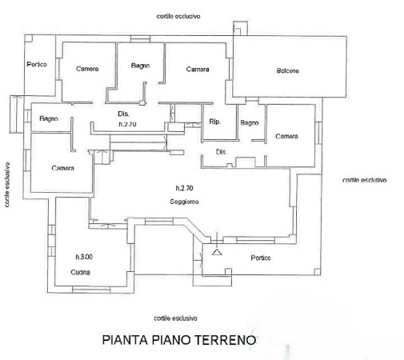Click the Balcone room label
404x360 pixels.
[287, 70]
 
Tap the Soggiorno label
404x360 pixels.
[184, 202]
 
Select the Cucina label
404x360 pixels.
[80, 272]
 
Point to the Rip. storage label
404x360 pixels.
[215, 122]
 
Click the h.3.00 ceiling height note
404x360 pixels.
[84, 257]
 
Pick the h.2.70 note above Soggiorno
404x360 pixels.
[184, 188]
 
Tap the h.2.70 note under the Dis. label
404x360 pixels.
[127, 124]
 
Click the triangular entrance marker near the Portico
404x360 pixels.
[217, 252]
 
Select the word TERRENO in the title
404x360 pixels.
[226, 340]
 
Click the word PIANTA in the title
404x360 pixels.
[125, 340]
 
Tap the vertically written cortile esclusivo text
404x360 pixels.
[7, 185]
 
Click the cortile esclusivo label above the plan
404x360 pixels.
[178, 16]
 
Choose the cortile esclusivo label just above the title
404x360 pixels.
[175, 318]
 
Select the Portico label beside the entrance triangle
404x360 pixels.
[261, 258]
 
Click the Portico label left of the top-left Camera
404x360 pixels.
[37, 64]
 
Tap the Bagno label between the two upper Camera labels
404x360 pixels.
[140, 66]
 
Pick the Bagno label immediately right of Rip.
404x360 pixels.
[250, 123]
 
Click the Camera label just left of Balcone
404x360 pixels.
[198, 70]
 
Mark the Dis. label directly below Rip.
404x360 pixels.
[221, 152]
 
